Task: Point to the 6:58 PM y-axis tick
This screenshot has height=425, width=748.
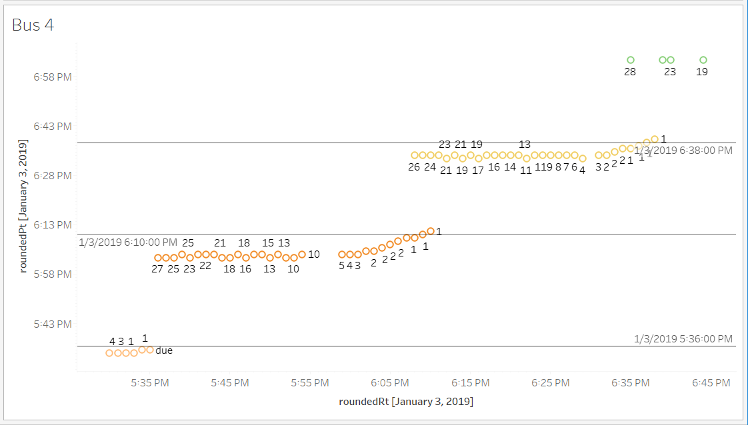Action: pyautogui.click(x=53, y=77)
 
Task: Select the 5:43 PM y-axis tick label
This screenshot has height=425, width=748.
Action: pyautogui.click(x=53, y=324)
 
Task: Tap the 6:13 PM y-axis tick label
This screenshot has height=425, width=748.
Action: pyautogui.click(x=53, y=225)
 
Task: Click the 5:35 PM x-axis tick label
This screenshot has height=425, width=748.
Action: pyautogui.click(x=149, y=383)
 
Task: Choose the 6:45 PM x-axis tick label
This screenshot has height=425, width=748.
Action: pyautogui.click(x=711, y=383)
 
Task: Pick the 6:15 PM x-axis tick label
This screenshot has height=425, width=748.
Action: pyautogui.click(x=470, y=383)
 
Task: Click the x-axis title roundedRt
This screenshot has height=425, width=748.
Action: pyautogui.click(x=405, y=402)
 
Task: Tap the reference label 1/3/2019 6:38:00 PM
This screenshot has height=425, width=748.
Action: pyautogui.click(x=683, y=151)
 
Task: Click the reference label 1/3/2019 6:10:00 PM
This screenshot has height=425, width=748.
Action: pyautogui.click(x=128, y=242)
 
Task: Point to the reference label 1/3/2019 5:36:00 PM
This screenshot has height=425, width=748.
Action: pyautogui.click(x=683, y=339)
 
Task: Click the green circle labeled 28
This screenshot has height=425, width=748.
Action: pyautogui.click(x=631, y=60)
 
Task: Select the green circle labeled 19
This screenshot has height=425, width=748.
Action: pyautogui.click(x=703, y=60)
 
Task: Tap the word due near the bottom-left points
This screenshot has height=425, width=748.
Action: pyautogui.click(x=164, y=350)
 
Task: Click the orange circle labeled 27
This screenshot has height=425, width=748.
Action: pyautogui.click(x=158, y=258)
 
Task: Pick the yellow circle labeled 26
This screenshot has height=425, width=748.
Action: pyautogui.click(x=415, y=155)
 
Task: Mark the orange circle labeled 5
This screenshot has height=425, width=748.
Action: pyautogui.click(x=342, y=254)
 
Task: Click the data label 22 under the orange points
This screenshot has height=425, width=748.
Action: pyautogui.click(x=205, y=265)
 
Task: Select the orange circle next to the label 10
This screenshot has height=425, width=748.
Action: pyautogui.click(x=302, y=254)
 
